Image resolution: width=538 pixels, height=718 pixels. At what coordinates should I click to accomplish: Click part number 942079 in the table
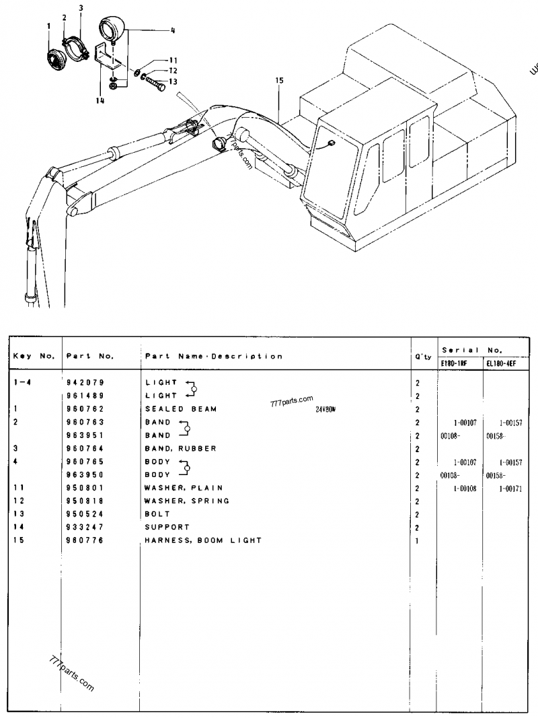83,382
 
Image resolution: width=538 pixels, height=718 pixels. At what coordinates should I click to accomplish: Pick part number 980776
83,540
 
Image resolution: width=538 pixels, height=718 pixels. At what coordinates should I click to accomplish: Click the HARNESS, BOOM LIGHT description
203,540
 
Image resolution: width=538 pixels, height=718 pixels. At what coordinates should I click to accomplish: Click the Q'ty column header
423,357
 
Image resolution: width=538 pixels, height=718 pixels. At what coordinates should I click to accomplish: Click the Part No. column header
89,356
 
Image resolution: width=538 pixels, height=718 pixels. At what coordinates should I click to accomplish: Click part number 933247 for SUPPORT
83,527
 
